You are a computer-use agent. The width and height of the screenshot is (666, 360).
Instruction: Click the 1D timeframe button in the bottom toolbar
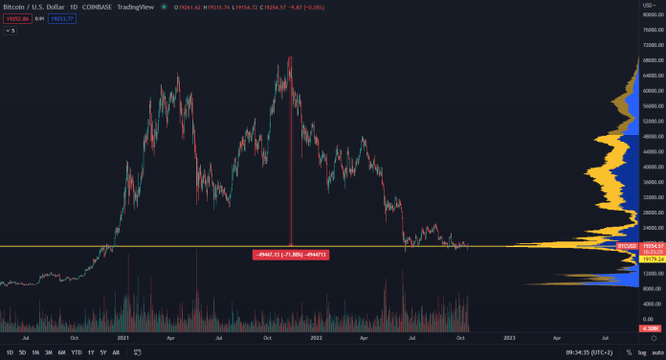(x=10, y=352)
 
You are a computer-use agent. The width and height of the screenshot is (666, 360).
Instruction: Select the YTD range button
(x=76, y=352)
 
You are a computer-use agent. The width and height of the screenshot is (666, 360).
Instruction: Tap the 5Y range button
(x=103, y=352)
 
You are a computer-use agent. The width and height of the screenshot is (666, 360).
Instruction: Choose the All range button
(x=117, y=352)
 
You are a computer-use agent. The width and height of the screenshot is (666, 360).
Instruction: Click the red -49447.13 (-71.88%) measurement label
(x=290, y=255)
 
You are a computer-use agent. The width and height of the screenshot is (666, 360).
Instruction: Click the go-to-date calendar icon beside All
(x=136, y=352)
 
